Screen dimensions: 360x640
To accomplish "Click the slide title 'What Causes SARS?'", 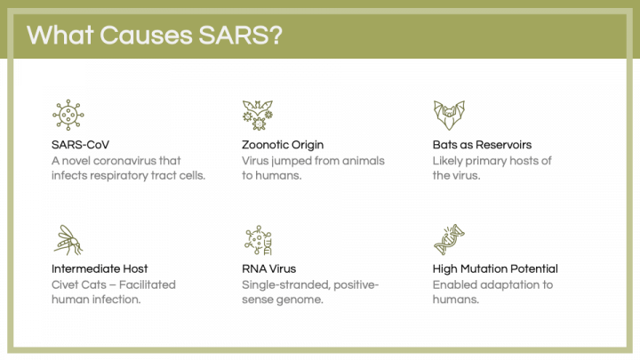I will point(156,35).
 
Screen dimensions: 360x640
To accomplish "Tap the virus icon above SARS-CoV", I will point(68,115).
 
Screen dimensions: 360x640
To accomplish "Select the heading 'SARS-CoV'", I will point(81,144).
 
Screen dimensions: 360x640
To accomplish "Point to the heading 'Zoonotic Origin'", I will point(283,144).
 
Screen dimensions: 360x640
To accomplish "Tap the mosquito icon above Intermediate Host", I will point(68,238).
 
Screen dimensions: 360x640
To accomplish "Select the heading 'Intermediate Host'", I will point(100,268).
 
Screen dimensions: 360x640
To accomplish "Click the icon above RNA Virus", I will point(257,238).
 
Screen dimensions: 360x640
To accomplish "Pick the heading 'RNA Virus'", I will point(269,268).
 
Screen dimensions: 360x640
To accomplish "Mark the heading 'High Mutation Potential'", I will point(495,268).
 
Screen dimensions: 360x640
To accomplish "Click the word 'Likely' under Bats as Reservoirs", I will point(450,160).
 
